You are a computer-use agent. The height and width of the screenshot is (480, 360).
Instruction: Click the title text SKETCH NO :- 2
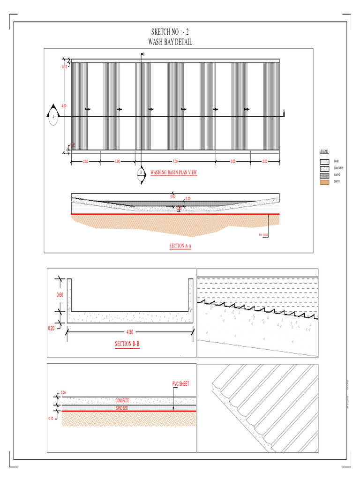(170, 32)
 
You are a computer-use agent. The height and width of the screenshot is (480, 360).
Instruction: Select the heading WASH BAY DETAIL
(170, 42)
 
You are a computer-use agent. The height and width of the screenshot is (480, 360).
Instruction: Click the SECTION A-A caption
(180, 246)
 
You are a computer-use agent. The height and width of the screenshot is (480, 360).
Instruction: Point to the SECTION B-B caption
(127, 344)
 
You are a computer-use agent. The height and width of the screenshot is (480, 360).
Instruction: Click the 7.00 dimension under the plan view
(175, 161)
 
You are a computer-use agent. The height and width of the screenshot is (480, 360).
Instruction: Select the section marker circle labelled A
(53, 116)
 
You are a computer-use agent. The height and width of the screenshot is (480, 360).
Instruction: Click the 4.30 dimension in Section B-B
(130, 332)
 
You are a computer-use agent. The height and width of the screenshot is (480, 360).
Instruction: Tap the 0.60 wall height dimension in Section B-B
(60, 295)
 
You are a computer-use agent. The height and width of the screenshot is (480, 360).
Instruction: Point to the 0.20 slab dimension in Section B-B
(52, 329)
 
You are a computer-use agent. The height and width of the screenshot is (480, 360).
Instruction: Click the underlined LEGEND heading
(324, 152)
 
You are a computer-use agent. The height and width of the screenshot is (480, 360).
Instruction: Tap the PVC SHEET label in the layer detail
(180, 383)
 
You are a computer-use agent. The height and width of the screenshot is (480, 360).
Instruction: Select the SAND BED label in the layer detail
(122, 408)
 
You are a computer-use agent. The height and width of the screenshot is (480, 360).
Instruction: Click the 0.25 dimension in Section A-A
(187, 199)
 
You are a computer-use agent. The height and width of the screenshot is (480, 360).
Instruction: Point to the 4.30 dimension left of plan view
(64, 106)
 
